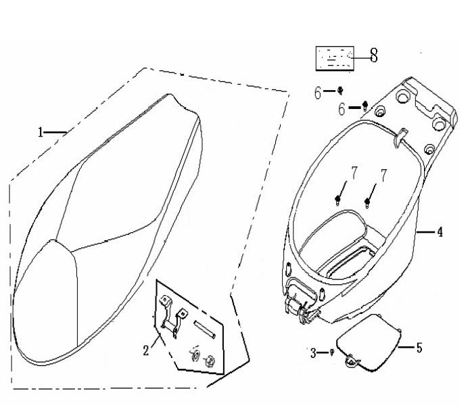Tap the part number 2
[145, 350]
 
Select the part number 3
[313, 353]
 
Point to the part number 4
[440, 233]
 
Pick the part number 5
[419, 348]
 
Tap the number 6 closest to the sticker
[318, 93]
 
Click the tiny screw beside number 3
[331, 352]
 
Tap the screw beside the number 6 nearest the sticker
[341, 90]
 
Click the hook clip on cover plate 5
[352, 363]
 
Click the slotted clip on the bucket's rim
[398, 135]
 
